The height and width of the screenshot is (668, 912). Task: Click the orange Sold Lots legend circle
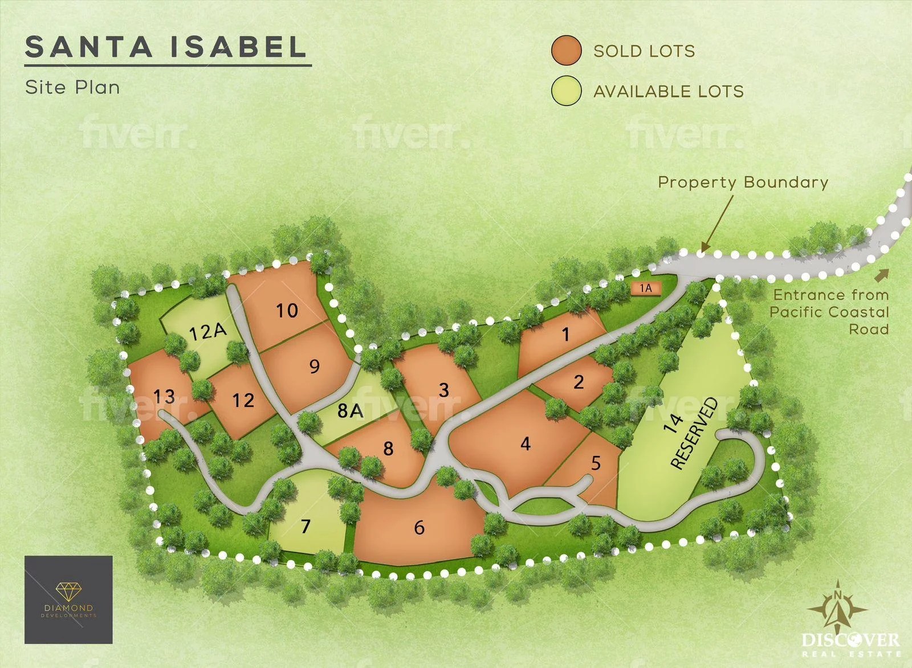coord(566,50)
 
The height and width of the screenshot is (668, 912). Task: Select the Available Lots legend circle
coord(566,91)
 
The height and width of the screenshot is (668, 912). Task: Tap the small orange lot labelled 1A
coord(645,288)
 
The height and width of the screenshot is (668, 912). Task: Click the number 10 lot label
coord(287,311)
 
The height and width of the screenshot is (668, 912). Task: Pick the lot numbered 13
coord(164,396)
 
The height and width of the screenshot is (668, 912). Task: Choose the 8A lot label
coord(350,410)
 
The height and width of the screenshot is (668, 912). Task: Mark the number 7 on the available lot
coord(306,526)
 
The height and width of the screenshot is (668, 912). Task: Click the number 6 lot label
coord(419,527)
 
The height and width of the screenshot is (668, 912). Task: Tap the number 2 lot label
coord(579,381)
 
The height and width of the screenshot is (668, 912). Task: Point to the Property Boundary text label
coord(743,182)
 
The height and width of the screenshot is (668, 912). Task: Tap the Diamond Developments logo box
coord(68,600)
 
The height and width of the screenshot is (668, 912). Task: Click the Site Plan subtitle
coord(72,88)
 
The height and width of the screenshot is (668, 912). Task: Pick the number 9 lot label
coord(314,366)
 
